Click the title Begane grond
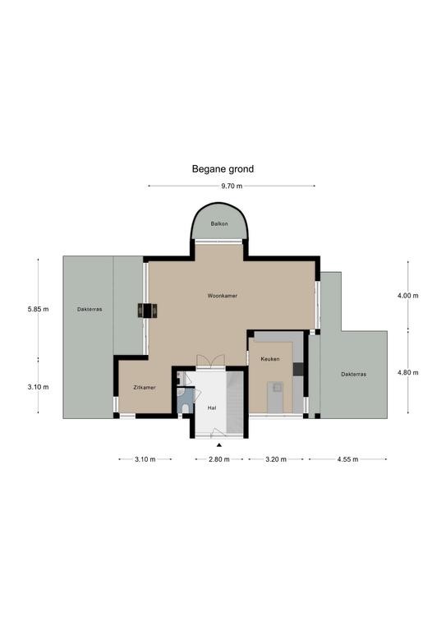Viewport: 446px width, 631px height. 223,169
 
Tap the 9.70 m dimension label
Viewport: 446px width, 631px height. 232,186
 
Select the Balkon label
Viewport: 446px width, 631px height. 219,223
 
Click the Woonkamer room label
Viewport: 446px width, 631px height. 223,296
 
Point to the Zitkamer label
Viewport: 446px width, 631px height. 145,388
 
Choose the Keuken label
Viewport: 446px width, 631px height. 270,359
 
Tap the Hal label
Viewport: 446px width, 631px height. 212,408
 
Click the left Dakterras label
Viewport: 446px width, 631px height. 90,310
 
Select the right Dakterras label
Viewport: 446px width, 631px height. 353,375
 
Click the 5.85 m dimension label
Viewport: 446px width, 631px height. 39,310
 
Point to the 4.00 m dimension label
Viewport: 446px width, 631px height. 407,296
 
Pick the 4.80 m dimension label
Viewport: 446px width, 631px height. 407,373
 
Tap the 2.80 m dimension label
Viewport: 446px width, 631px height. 219,459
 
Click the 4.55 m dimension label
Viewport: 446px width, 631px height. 347,459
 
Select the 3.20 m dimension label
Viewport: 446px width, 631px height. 276,459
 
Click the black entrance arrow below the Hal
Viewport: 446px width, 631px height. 219,445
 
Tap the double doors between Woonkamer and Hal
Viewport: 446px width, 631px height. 210,361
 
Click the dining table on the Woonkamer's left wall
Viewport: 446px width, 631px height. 148,311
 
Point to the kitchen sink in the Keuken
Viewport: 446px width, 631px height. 277,388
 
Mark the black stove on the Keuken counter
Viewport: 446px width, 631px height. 298,369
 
